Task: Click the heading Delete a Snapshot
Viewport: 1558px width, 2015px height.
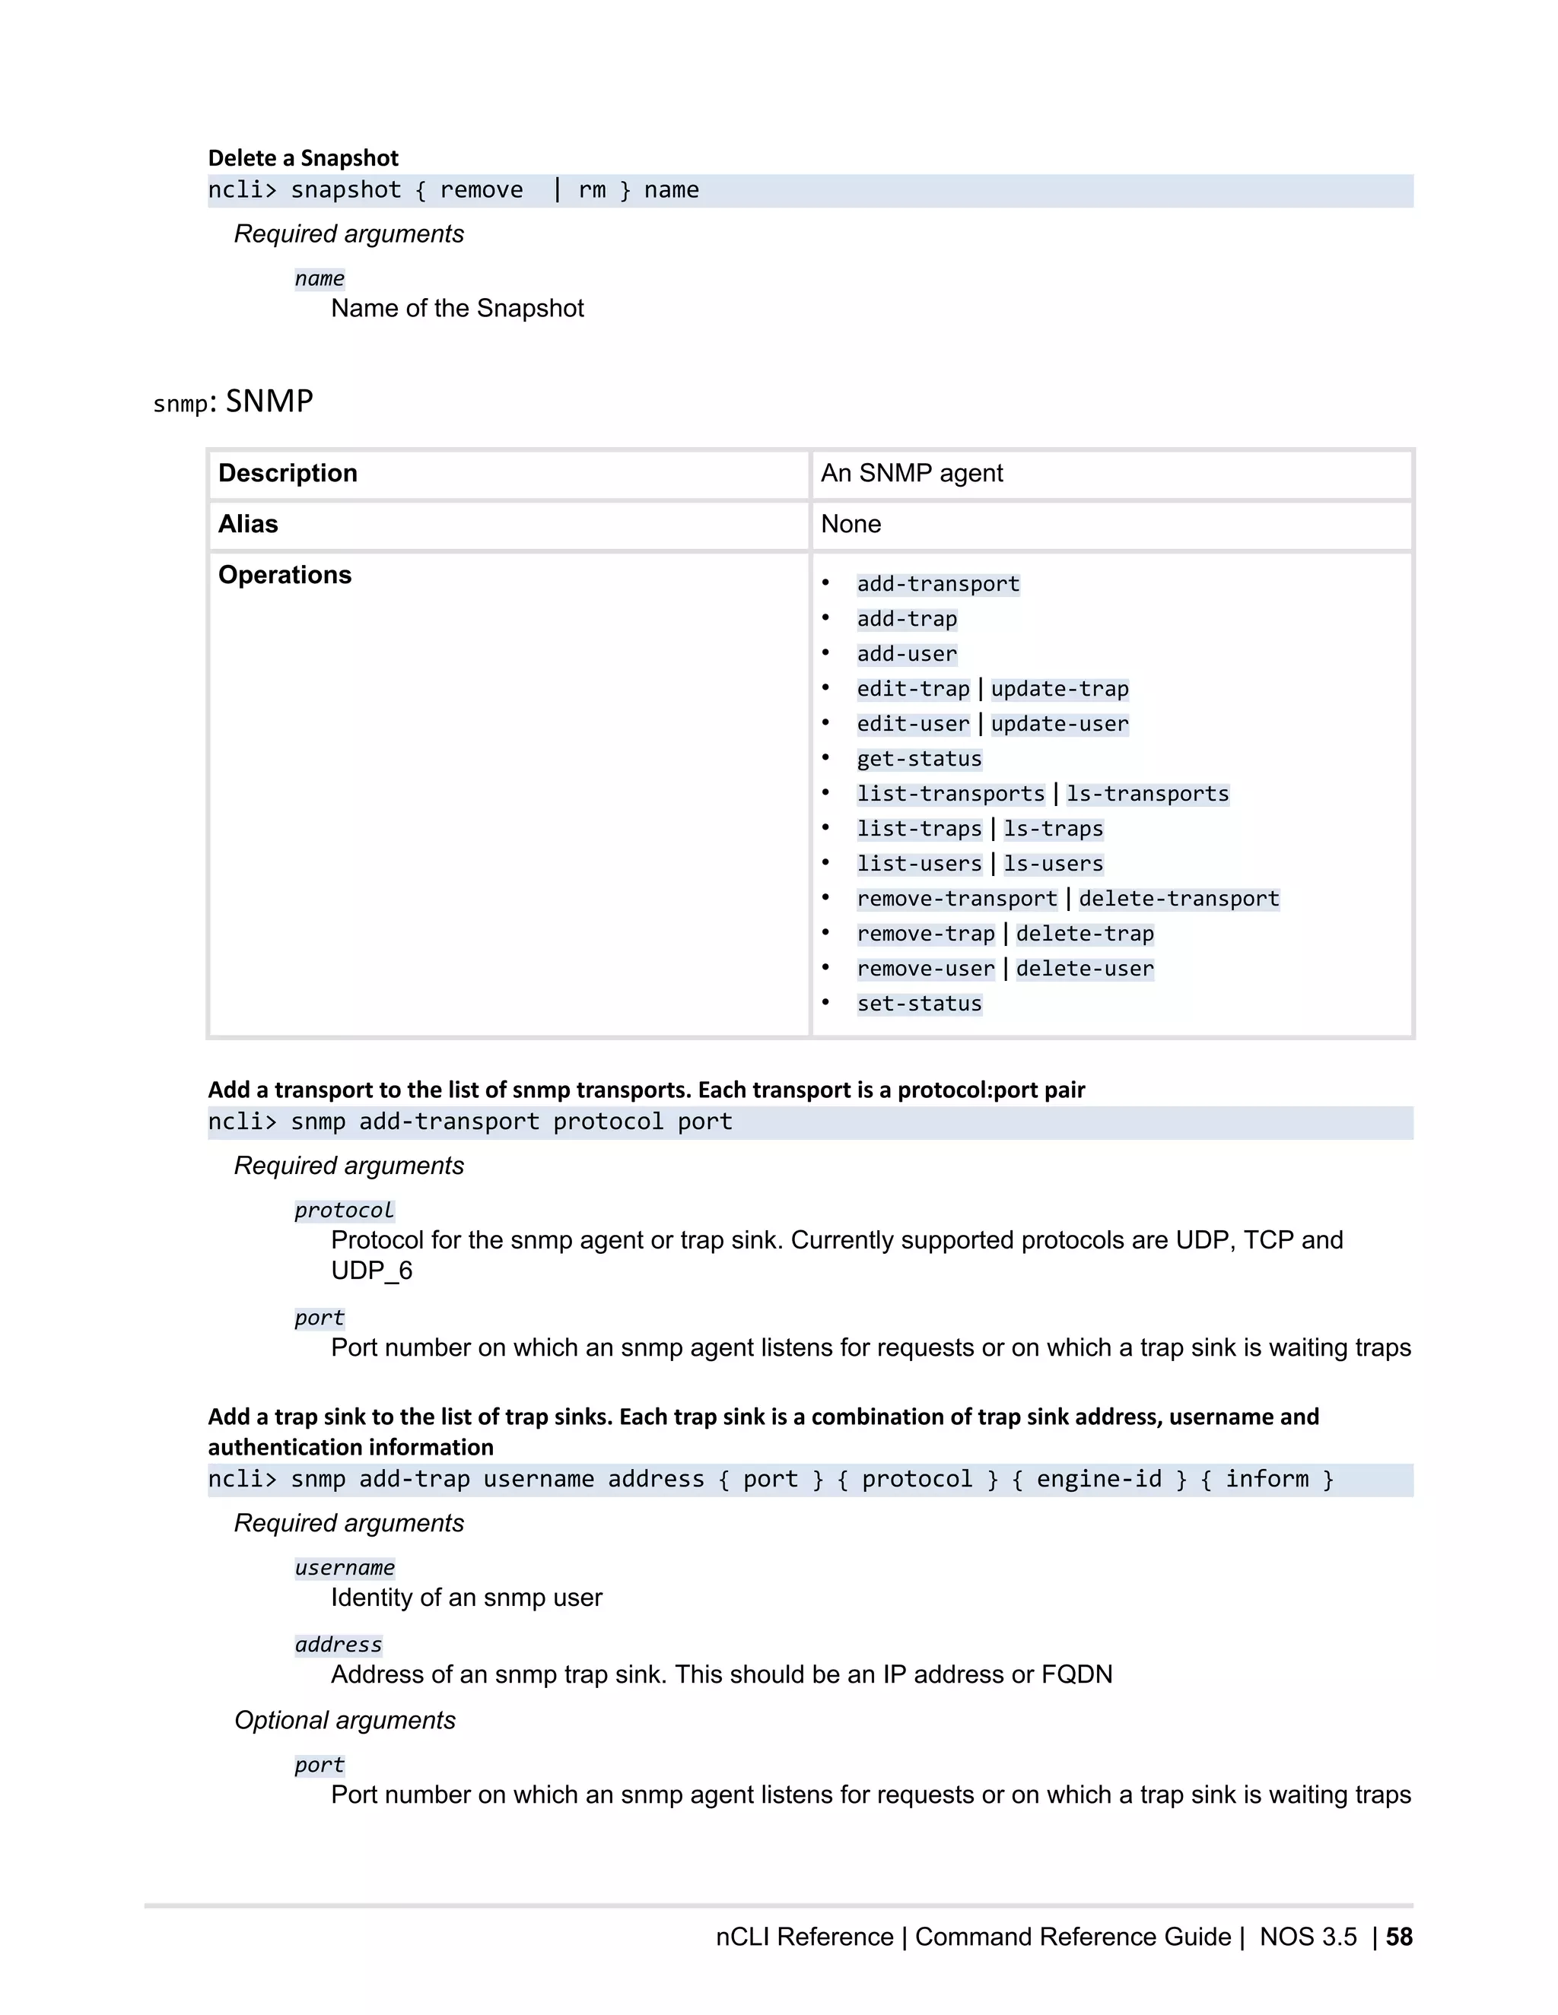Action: [x=303, y=157]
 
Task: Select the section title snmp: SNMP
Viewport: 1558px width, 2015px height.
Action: [x=233, y=401]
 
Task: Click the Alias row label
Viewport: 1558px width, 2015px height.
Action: [x=247, y=524]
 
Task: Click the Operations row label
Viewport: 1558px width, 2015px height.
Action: [x=285, y=575]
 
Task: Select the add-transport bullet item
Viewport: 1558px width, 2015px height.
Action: [x=938, y=584]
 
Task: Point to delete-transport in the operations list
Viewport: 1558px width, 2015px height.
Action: [x=1178, y=899]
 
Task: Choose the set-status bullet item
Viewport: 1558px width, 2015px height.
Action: [x=918, y=1004]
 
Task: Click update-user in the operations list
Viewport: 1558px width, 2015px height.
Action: [x=1059, y=724]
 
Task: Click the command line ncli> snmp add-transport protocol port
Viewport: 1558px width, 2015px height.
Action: [x=470, y=1122]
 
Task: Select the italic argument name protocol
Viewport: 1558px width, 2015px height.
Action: [x=345, y=1211]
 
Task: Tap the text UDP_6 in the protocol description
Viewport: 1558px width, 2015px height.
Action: [x=371, y=1271]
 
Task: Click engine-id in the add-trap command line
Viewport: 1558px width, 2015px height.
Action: [x=1099, y=1479]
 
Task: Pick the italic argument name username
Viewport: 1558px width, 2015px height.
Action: [x=345, y=1568]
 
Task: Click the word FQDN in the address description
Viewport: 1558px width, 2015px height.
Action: [x=1076, y=1674]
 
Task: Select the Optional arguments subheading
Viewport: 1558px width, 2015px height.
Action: [x=345, y=1720]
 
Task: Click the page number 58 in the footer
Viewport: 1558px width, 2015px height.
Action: [x=1398, y=1937]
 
